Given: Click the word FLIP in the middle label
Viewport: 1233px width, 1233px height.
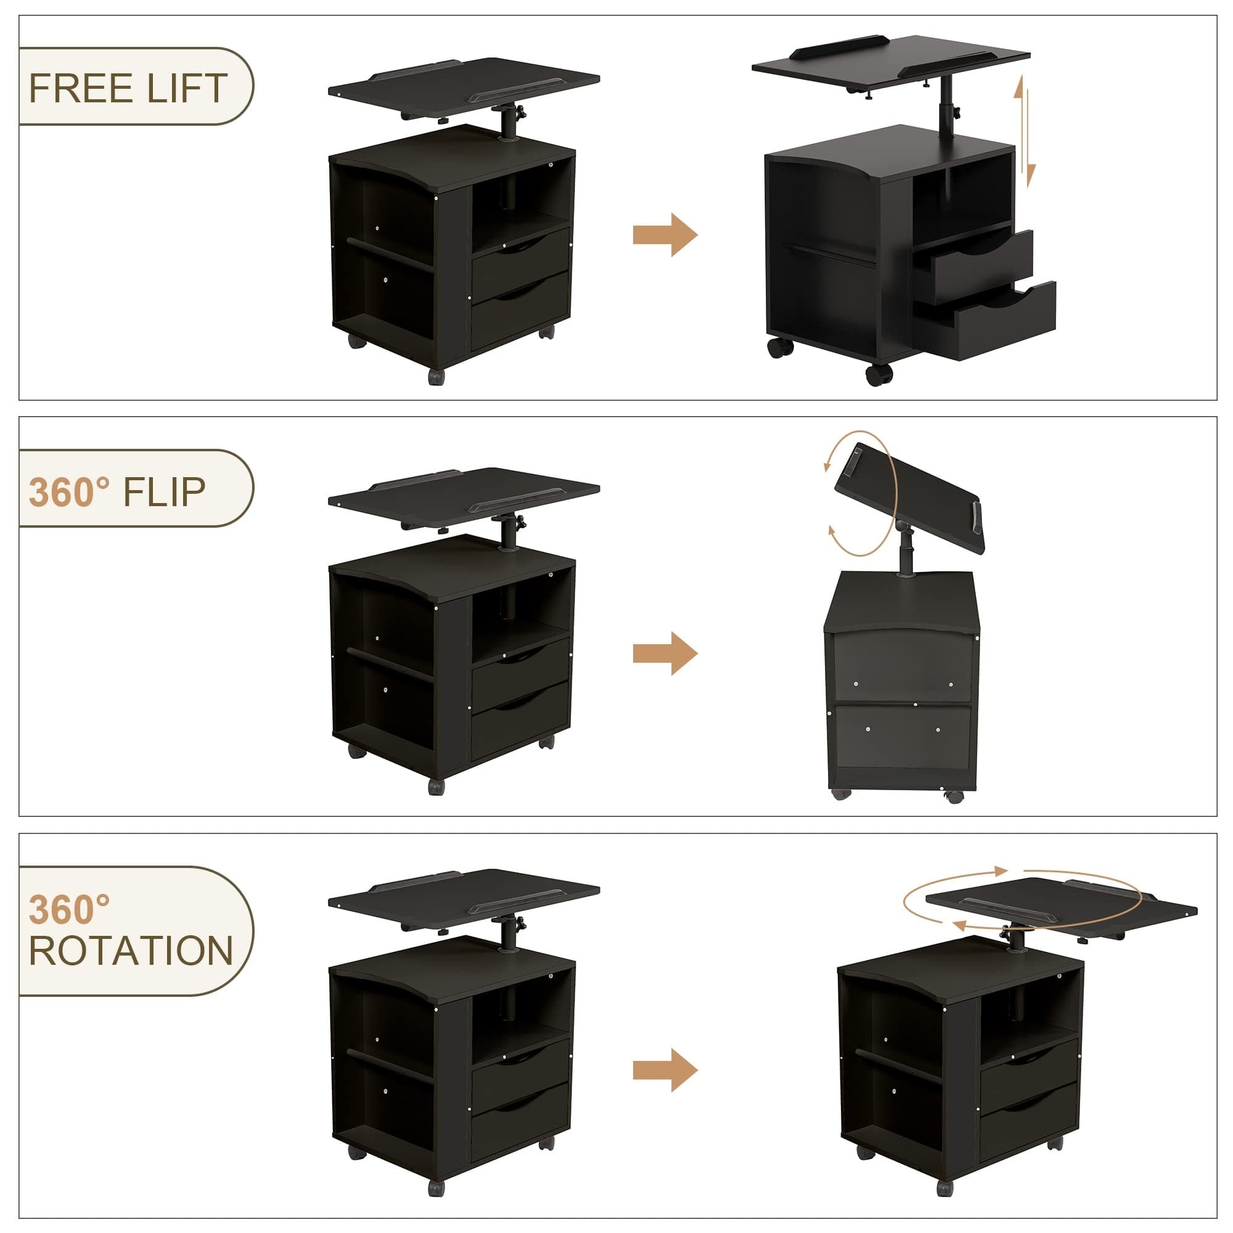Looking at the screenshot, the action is (164, 492).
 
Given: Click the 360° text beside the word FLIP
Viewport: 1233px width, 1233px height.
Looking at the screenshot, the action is (70, 492).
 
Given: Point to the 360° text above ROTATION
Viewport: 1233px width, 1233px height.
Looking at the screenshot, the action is (70, 909).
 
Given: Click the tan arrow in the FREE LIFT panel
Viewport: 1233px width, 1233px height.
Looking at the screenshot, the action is (665, 235).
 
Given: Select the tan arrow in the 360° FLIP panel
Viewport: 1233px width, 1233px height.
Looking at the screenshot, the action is (665, 653).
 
